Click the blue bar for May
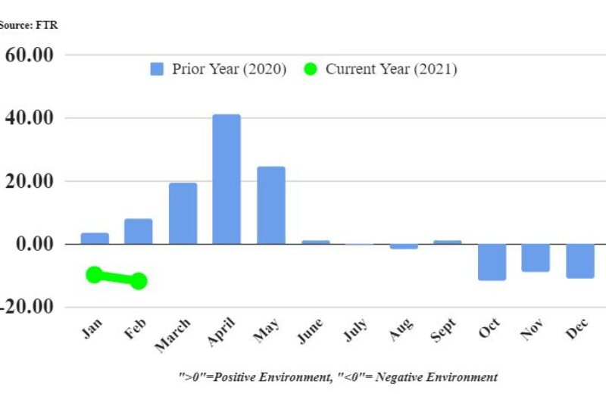[270, 205]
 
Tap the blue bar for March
[183, 213]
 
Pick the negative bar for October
[492, 262]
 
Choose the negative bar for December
[579, 261]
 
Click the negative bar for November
[536, 258]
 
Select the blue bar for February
[139, 231]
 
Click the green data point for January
[95, 274]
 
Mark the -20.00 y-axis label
[29, 307]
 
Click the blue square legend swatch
[157, 69]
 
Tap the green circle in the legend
[311, 69]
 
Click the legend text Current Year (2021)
[391, 69]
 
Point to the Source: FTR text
[28, 25]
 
